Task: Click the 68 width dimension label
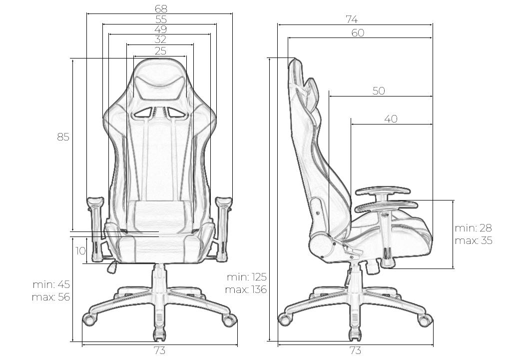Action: pos(161,8)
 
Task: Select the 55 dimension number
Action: pos(161,19)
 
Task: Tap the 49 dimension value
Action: pos(161,29)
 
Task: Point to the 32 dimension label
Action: pos(160,39)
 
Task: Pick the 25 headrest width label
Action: pos(160,51)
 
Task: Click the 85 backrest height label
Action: pos(63,136)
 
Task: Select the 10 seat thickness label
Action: pos(80,250)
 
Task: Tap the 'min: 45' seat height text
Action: pos(51,284)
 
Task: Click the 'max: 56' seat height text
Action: pos(51,297)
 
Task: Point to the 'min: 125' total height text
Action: pos(247,277)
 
